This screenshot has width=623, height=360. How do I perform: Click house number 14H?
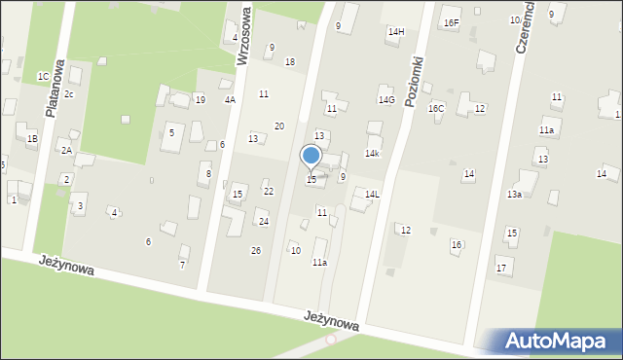click(395, 32)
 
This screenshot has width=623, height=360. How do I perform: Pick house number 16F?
click(451, 22)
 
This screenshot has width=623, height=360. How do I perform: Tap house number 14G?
click(386, 100)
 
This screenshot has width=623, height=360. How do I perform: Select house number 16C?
click(436, 108)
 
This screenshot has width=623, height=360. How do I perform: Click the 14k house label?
click(372, 154)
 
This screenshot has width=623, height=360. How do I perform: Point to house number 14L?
click(372, 195)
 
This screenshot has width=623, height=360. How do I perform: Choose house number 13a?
click(514, 195)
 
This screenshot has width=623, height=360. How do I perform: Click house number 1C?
click(43, 76)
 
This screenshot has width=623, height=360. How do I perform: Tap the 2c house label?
click(69, 93)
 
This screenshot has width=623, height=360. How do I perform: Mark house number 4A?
click(230, 99)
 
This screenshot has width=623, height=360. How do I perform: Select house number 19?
click(200, 100)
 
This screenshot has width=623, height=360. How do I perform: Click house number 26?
click(256, 251)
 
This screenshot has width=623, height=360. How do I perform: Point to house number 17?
click(501, 268)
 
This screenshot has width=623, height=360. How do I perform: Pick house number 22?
click(269, 192)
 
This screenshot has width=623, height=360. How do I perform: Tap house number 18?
click(289, 62)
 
